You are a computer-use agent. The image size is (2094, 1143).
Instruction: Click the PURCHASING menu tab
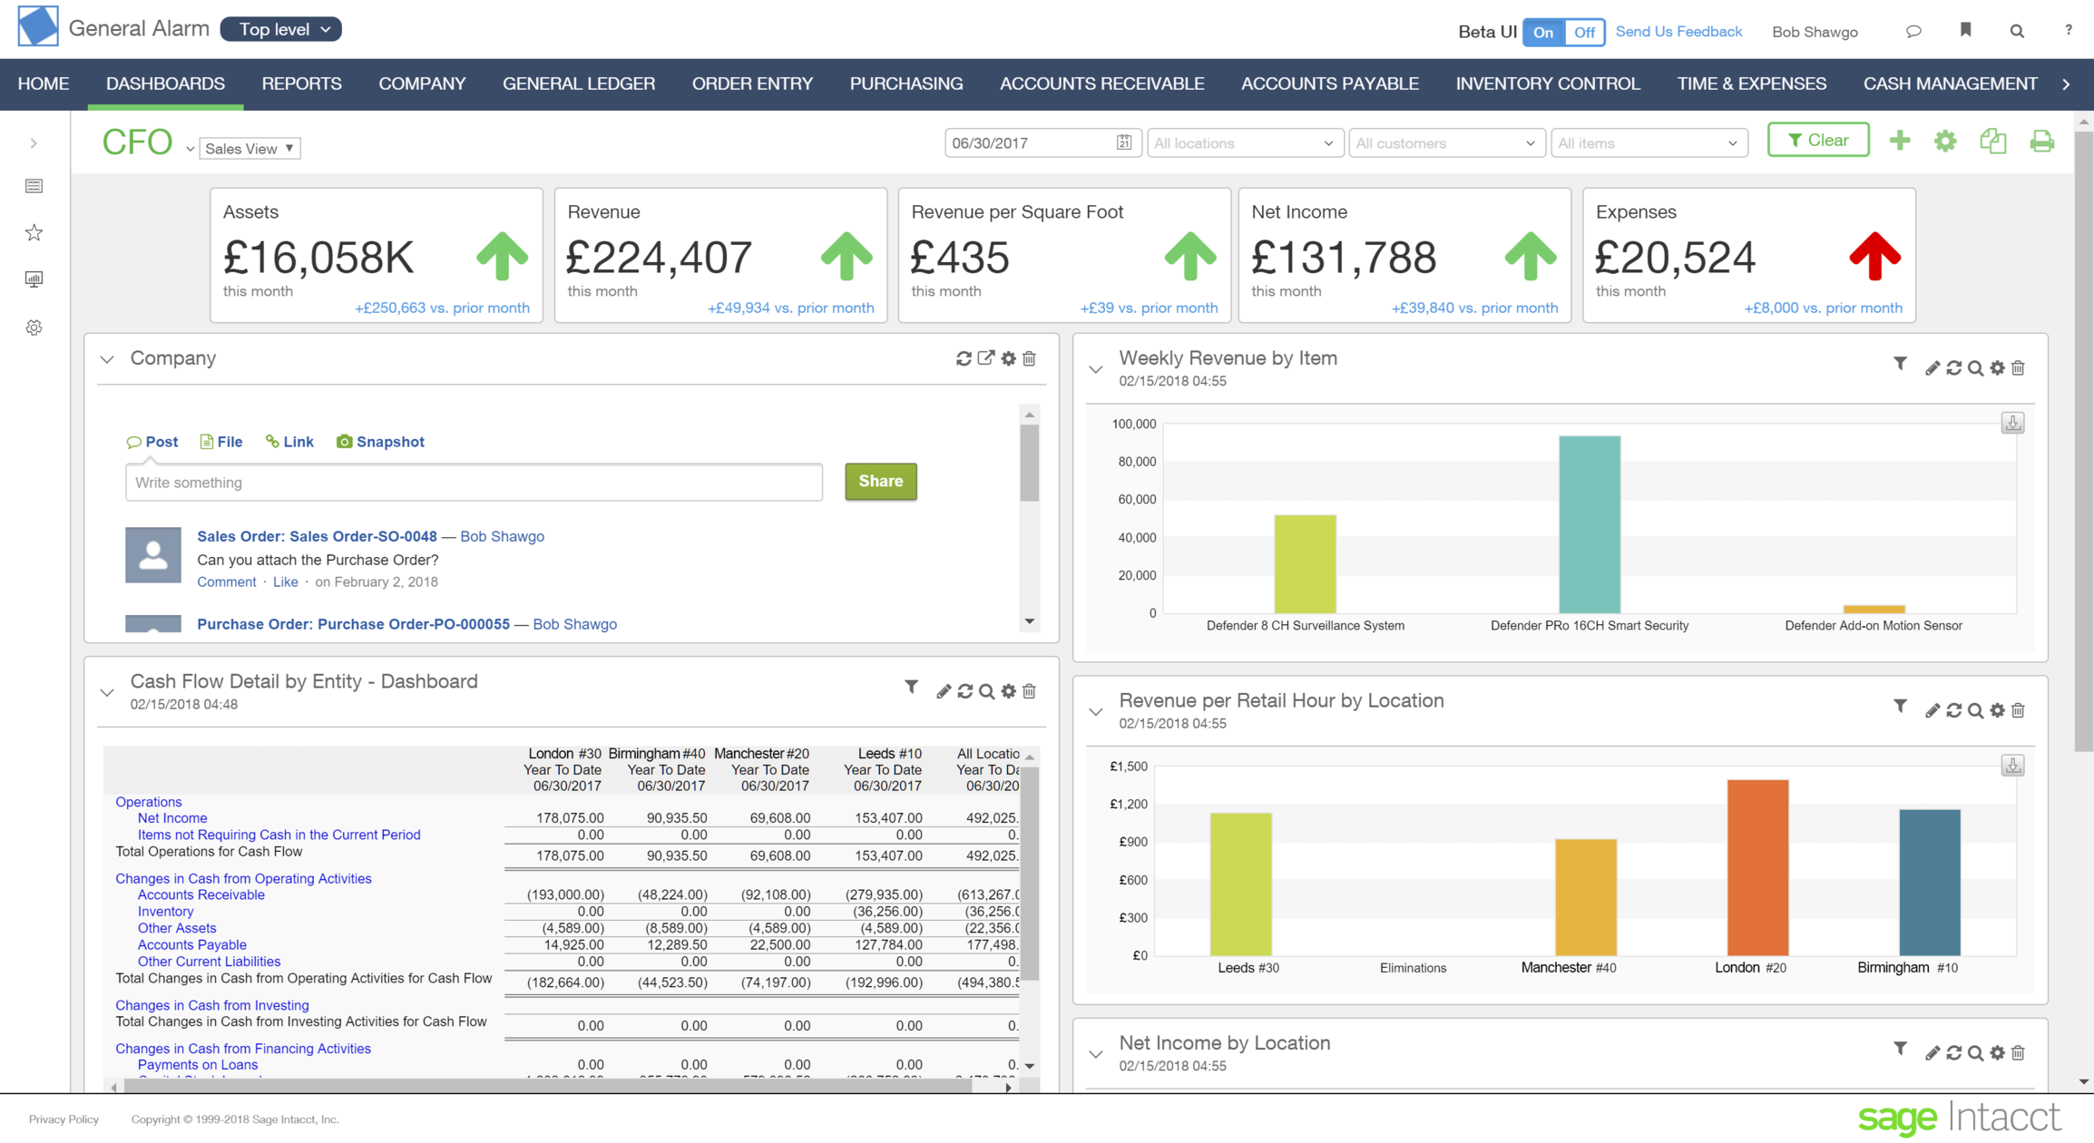tap(905, 83)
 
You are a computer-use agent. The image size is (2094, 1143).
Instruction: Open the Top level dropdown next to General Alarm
tap(281, 29)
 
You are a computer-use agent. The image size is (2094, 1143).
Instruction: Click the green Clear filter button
tap(1817, 141)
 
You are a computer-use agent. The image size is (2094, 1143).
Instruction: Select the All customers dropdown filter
tap(1446, 143)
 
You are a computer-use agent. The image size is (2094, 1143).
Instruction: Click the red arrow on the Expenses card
tap(1874, 257)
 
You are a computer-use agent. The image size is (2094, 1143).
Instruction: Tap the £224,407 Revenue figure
tap(659, 258)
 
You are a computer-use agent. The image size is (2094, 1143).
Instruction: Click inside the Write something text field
tap(474, 483)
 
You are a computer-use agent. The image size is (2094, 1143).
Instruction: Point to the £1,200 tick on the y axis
tap(1129, 804)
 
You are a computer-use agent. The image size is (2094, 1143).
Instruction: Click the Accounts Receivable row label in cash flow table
tap(201, 894)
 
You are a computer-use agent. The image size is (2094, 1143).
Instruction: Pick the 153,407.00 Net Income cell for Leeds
tap(887, 817)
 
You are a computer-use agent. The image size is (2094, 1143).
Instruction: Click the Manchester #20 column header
tap(761, 754)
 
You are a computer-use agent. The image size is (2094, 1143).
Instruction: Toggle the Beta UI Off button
tap(1584, 32)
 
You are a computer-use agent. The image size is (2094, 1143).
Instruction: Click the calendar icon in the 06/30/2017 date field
tap(1124, 142)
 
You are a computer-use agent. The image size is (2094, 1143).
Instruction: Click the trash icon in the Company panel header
tap(1030, 359)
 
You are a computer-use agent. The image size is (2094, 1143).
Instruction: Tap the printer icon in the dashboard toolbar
tap(2041, 142)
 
